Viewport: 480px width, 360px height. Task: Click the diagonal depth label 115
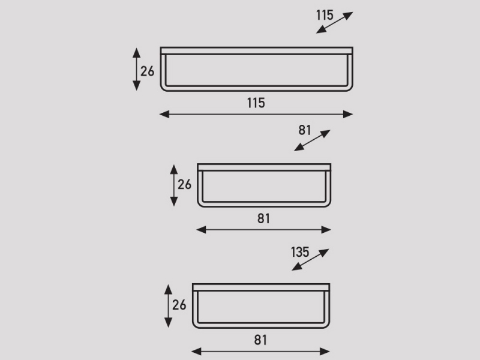tap(325, 15)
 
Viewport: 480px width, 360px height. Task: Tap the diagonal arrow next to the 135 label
tap(310, 260)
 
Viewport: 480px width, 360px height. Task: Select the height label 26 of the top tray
tap(147, 71)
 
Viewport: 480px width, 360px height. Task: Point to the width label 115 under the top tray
tap(256, 103)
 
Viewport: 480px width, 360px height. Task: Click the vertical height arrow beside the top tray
tap(137, 69)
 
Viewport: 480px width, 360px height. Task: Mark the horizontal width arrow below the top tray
tap(256, 115)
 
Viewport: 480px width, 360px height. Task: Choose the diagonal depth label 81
tap(305, 130)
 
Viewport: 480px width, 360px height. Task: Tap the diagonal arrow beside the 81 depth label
tap(312, 140)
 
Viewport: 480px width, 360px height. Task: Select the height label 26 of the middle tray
tap(184, 184)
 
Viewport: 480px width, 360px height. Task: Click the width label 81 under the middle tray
tap(263, 218)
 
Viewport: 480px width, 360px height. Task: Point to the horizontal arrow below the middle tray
tap(263, 230)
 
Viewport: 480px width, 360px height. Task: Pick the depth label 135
tap(300, 252)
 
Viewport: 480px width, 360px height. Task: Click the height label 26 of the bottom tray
tap(179, 305)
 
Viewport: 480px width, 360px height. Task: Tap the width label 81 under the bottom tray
tap(260, 340)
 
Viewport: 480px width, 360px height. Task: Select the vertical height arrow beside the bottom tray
tap(169, 306)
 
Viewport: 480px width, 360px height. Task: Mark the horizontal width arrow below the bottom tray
tap(260, 352)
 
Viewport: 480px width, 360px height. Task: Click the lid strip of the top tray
tap(257, 51)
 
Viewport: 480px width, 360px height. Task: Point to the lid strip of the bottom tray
tap(261, 287)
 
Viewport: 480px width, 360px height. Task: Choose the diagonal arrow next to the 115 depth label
tap(335, 23)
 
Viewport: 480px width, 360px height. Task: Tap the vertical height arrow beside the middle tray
tap(174, 185)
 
